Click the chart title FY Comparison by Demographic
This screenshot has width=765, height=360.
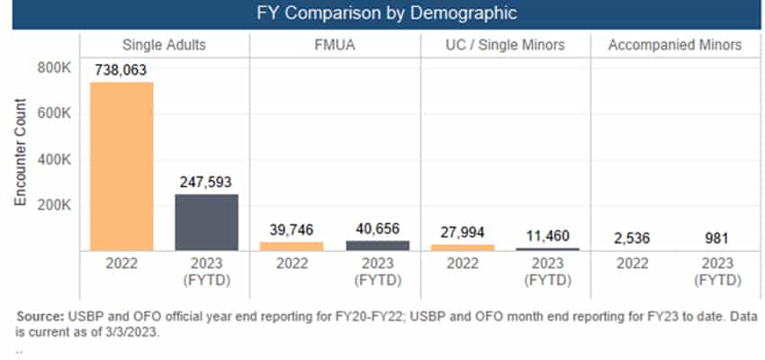pyautogui.click(x=382, y=13)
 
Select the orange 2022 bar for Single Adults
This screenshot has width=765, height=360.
pyautogui.click(x=121, y=166)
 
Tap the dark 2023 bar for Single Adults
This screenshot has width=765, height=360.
pyautogui.click(x=206, y=222)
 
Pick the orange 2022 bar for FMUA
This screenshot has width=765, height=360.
pyautogui.click(x=292, y=246)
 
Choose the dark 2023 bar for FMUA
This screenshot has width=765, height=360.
pyautogui.click(x=377, y=245)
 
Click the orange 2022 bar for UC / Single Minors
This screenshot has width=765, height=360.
pyautogui.click(x=463, y=247)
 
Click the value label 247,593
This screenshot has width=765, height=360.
pyautogui.click(x=207, y=182)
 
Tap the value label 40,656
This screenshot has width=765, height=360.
pyautogui.click(x=377, y=229)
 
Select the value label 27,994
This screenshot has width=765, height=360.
pyautogui.click(x=463, y=232)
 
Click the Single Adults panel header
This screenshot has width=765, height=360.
pyautogui.click(x=164, y=45)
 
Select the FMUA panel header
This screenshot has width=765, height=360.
pyautogui.click(x=335, y=45)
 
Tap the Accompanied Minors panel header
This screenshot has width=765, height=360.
pyautogui.click(x=675, y=45)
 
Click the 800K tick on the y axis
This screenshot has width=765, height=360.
pyautogui.click(x=50, y=68)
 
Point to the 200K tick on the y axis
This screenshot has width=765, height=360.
pyautogui.click(x=50, y=205)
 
